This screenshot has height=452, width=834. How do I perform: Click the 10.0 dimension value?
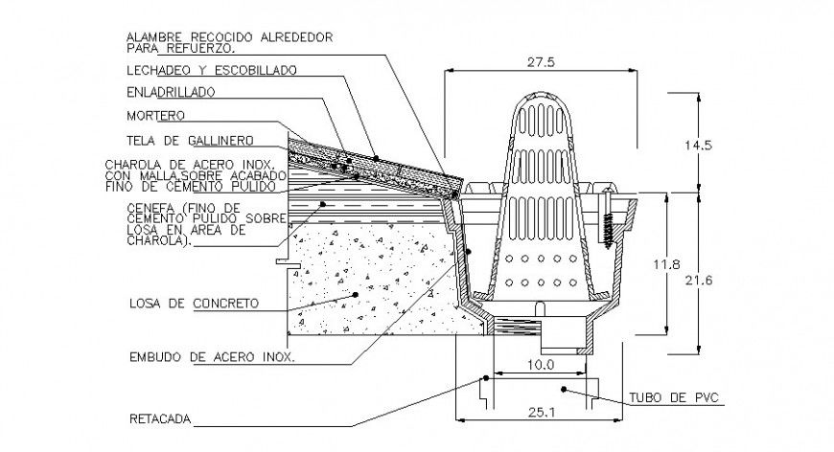540,365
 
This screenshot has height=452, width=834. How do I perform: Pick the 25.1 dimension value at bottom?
539,412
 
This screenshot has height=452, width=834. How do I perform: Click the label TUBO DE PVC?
673,396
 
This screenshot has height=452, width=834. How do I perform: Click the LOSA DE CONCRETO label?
193,304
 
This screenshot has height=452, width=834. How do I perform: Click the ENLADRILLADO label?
171,93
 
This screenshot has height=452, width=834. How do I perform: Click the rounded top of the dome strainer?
539,100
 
